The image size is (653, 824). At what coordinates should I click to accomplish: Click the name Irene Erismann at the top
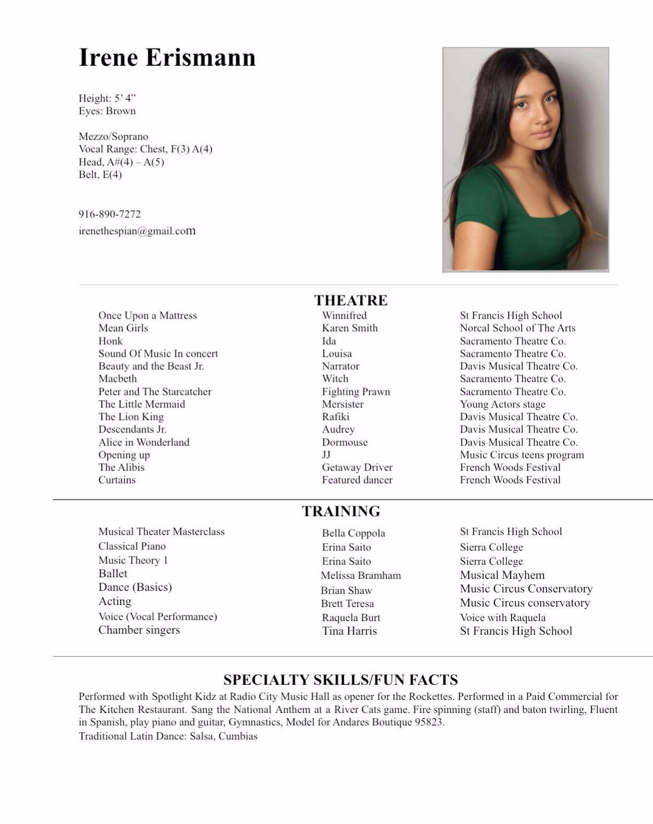click(x=167, y=57)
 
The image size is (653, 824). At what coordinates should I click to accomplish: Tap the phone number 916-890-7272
click(x=110, y=214)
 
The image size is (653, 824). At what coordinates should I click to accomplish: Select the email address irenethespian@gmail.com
click(x=137, y=231)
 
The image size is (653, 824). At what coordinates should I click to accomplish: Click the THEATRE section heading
click(x=350, y=300)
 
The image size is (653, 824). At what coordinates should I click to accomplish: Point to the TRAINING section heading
click(x=341, y=511)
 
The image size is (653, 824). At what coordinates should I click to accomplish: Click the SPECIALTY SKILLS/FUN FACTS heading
click(x=341, y=680)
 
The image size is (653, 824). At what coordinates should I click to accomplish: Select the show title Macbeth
click(x=117, y=379)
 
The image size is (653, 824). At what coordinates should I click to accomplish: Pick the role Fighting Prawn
click(x=356, y=392)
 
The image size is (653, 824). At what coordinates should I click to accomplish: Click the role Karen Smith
click(x=349, y=328)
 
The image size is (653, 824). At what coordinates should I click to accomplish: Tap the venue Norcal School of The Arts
click(x=517, y=328)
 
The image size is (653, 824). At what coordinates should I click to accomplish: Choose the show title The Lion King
click(x=131, y=417)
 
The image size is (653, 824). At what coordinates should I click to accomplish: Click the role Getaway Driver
click(x=357, y=467)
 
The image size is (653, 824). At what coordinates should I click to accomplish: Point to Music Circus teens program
click(x=522, y=455)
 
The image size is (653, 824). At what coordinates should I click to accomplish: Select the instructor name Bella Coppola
click(x=353, y=533)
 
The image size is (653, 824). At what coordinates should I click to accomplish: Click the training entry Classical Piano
click(x=132, y=546)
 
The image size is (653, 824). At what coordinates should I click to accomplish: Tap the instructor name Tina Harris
click(x=349, y=631)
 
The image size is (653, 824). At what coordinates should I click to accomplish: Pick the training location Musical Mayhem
click(x=502, y=575)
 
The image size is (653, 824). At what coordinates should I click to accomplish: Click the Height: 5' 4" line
click(x=107, y=98)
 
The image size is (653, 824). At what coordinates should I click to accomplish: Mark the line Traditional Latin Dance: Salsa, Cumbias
click(x=168, y=736)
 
